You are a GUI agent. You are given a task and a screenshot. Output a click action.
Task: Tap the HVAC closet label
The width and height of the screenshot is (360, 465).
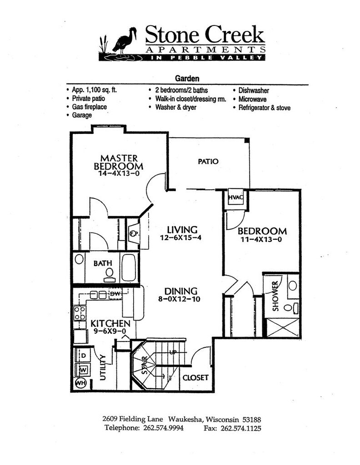tap(235, 197)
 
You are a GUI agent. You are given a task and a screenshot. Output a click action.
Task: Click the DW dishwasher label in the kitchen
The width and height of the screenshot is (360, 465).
tap(115, 295)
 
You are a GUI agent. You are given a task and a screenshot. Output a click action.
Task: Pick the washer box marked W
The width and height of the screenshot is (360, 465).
tap(83, 369)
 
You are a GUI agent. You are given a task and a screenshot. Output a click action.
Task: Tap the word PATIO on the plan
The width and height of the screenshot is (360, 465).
tap(208, 161)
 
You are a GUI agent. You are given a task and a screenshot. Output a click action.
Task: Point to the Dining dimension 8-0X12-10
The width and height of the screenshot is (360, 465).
tap(181, 299)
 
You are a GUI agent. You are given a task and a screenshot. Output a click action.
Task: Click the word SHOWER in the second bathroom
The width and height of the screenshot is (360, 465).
tap(275, 296)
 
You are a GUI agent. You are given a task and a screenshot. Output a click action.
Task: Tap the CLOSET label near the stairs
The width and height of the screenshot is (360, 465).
tap(195, 377)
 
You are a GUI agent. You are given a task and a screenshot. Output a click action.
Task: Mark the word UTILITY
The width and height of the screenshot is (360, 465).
tap(103, 367)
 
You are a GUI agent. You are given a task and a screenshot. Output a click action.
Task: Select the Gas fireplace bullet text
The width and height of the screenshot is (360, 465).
tap(89, 107)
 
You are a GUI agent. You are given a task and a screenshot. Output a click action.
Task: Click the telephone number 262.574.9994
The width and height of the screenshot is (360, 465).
tap(162, 428)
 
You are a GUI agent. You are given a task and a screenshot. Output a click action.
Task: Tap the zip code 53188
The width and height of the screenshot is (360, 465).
tap(250, 420)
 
